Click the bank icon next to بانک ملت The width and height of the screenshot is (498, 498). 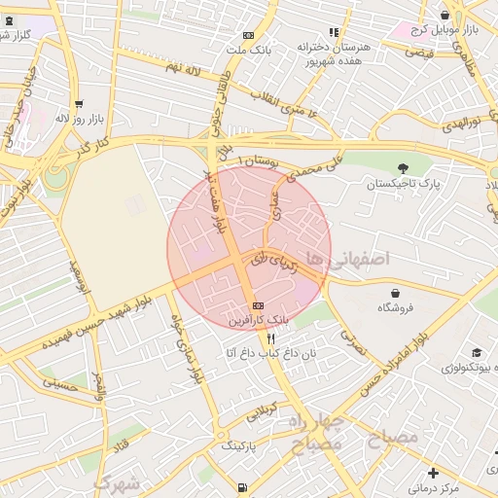(x=248, y=33)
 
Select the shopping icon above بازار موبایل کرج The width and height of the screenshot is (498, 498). (x=445, y=15)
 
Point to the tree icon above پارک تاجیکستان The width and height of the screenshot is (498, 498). (x=403, y=168)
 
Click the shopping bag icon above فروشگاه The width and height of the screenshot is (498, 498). (x=395, y=292)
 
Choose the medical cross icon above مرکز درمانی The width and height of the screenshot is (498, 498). (x=433, y=473)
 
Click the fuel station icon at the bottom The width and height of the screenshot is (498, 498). (x=241, y=487)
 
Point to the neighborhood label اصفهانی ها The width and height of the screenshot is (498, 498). (x=346, y=258)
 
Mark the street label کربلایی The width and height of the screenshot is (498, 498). (x=261, y=409)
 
